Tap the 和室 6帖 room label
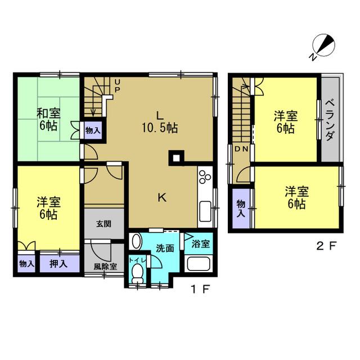(48, 120)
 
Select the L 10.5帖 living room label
(160, 122)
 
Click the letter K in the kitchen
(162, 197)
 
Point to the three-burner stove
(205, 177)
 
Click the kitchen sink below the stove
(205, 211)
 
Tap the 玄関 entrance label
(103, 224)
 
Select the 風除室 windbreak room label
(105, 266)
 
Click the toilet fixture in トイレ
(137, 273)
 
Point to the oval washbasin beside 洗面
(136, 241)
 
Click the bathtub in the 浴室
(199, 264)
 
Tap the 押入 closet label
(58, 264)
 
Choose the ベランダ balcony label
(330, 120)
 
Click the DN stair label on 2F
(241, 149)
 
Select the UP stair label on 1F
(117, 85)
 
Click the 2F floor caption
(326, 246)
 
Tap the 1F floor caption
(201, 289)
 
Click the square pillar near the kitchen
(176, 158)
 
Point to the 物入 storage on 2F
(241, 208)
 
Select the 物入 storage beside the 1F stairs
(93, 130)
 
